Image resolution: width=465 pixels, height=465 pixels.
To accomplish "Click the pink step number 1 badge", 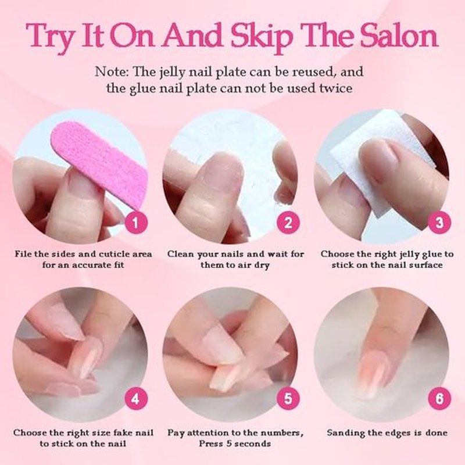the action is pos(136,223).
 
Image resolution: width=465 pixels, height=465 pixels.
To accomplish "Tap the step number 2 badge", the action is pos(288,223).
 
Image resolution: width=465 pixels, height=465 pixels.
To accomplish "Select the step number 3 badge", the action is pos(439,223).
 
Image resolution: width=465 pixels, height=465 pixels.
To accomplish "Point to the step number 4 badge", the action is pos(136,398).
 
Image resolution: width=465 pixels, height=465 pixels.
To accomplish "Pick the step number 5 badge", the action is pos(288,398).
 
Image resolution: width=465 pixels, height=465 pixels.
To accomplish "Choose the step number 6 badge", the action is pos(439,398).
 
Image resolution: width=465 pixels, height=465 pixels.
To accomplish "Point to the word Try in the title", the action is pos(51,38).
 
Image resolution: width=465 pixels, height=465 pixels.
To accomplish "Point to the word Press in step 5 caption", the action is pos(210,443).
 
